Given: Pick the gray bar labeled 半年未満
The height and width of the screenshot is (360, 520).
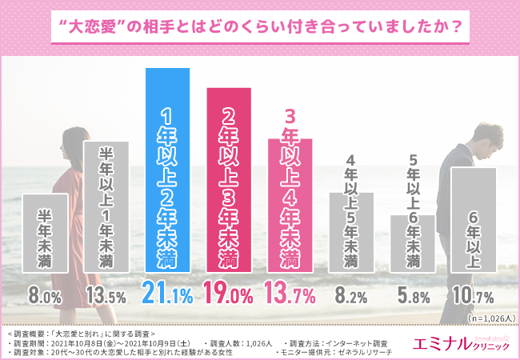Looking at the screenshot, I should pyautogui.click(x=45, y=232).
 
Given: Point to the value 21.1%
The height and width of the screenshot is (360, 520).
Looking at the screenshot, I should pyautogui.click(x=168, y=295).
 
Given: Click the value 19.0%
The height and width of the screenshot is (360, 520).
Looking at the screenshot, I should pyautogui.click(x=229, y=295).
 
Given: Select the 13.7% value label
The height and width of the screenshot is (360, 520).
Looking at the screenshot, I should pyautogui.click(x=290, y=295).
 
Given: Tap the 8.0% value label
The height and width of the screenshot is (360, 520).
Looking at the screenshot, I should pyautogui.click(x=46, y=296).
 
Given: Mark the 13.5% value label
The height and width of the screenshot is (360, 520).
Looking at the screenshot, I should pyautogui.click(x=106, y=296).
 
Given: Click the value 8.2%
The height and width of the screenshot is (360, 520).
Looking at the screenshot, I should pyautogui.click(x=351, y=296).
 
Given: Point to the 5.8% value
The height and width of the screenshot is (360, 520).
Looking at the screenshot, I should pyautogui.click(x=413, y=296).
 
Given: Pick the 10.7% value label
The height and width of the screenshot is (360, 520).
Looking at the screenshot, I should pyautogui.click(x=474, y=296).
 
